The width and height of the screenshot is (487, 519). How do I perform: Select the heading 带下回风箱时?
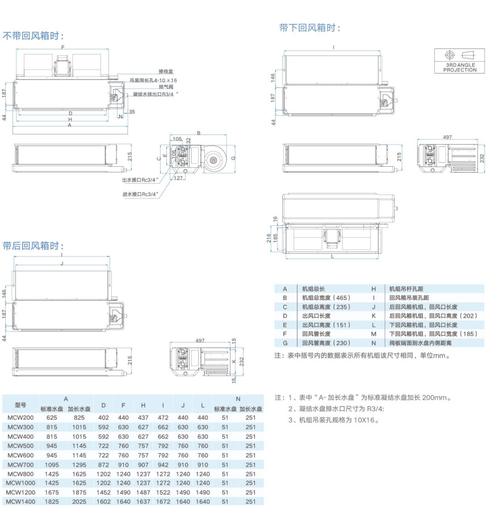click(x=310, y=27)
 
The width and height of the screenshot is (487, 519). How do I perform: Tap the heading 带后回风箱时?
click(x=33, y=246)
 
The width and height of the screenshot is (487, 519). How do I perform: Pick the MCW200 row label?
click(x=20, y=417)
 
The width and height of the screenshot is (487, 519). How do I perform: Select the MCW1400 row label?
click(x=20, y=501)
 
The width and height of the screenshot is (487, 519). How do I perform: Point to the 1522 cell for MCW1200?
click(x=163, y=493)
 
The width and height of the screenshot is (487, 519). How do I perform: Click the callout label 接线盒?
click(x=165, y=71)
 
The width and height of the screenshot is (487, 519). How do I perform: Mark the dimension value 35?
click(x=132, y=112)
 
